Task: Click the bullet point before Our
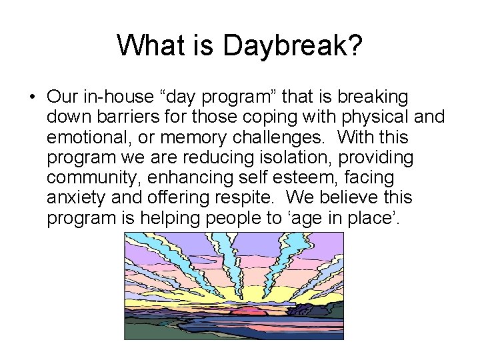click(32, 97)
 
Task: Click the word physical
click(381, 117)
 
